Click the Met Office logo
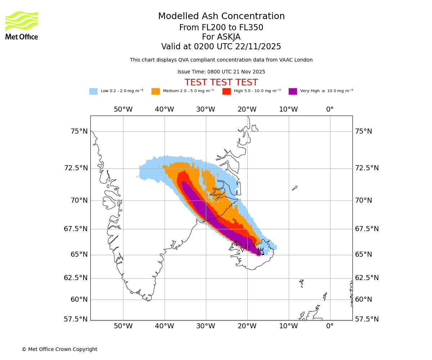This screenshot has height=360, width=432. pyautogui.click(x=22, y=25)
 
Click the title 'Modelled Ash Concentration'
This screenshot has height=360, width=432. pyautogui.click(x=221, y=17)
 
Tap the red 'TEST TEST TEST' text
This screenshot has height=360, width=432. pyautogui.click(x=221, y=82)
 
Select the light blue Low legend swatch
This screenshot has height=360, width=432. pyautogui.click(x=93, y=91)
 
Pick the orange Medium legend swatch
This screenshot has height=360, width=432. pyautogui.click(x=156, y=91)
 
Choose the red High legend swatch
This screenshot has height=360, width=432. pyautogui.click(x=226, y=91)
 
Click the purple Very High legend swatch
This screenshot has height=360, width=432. pyautogui.click(x=293, y=91)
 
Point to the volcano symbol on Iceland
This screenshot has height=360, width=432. pyautogui.click(x=260, y=251)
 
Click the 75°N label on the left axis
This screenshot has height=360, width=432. pyautogui.click(x=79, y=131)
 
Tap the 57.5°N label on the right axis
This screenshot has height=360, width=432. pyautogui.click(x=367, y=319)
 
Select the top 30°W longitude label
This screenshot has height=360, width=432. pyautogui.click(x=206, y=109)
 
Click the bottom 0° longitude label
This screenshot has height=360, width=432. pyautogui.click(x=330, y=327)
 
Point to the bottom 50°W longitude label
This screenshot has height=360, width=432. pyautogui.click(x=123, y=327)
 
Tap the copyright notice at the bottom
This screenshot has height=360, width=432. pyautogui.click(x=59, y=350)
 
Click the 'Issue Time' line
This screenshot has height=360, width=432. pyautogui.click(x=221, y=72)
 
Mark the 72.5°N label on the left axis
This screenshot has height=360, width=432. pyautogui.click(x=76, y=168)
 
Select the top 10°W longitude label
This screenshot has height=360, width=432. pyautogui.click(x=288, y=109)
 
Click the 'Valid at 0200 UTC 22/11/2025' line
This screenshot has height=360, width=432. pyautogui.click(x=221, y=47)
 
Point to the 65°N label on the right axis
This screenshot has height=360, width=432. pyautogui.click(x=364, y=255)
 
